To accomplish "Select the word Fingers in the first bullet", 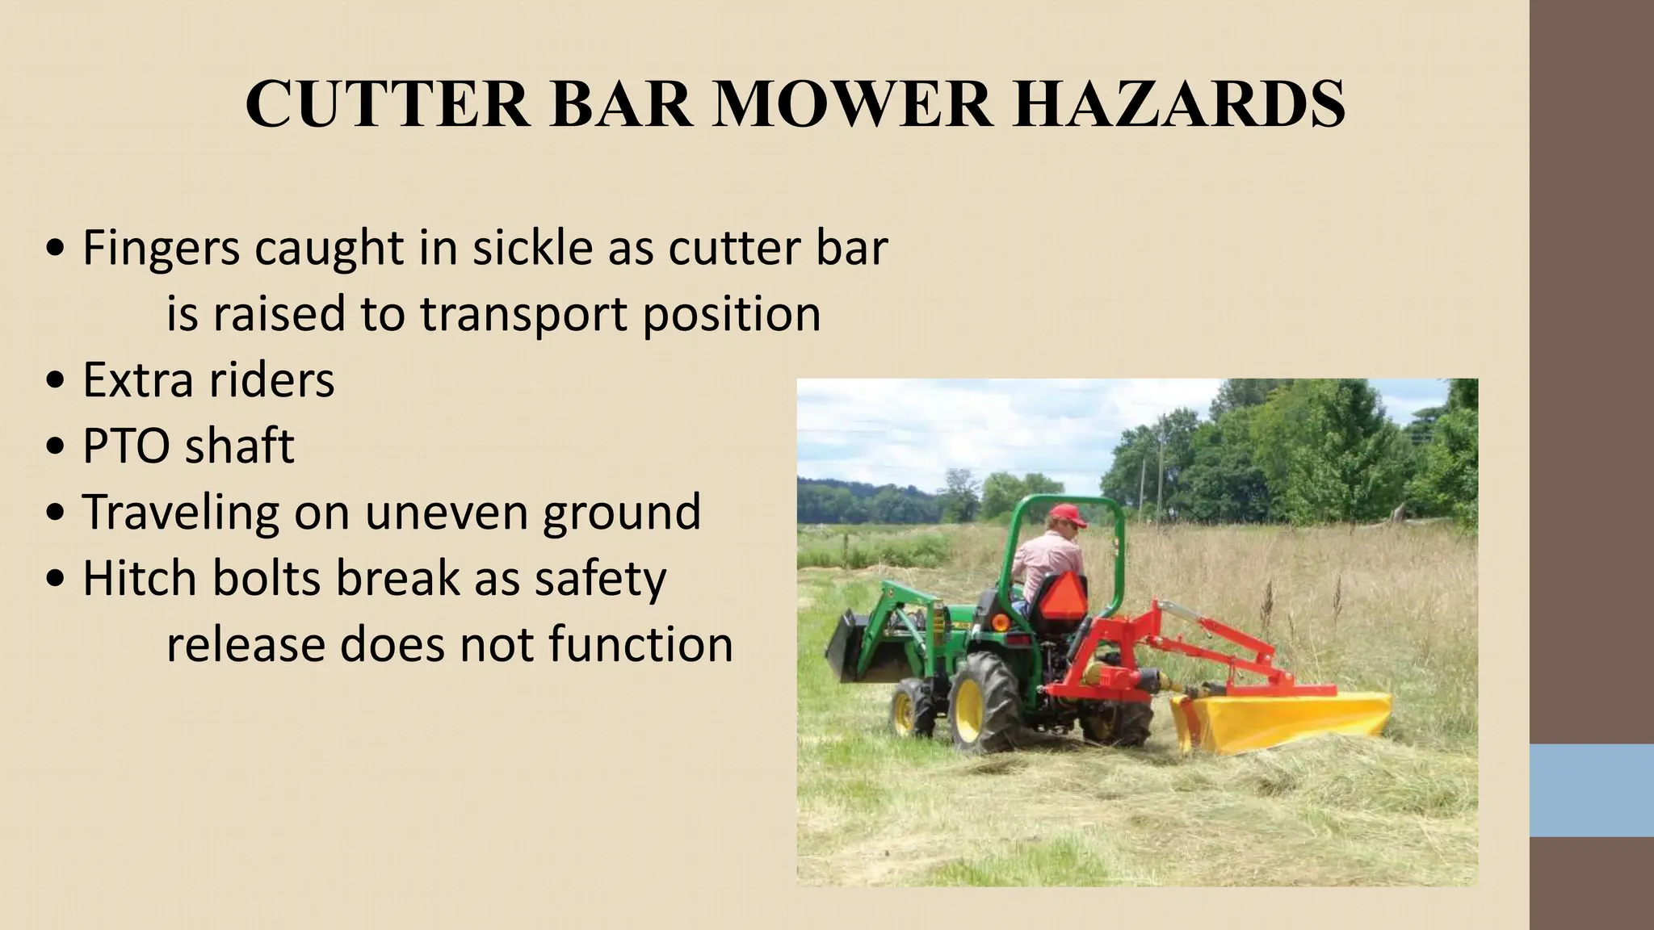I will point(161,249).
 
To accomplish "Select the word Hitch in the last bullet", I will point(140,578).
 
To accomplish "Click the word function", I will point(640,644).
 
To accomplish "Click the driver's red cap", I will point(1067,514).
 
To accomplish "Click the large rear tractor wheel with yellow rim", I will point(985,702).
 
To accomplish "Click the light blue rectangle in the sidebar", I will point(1592,790).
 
